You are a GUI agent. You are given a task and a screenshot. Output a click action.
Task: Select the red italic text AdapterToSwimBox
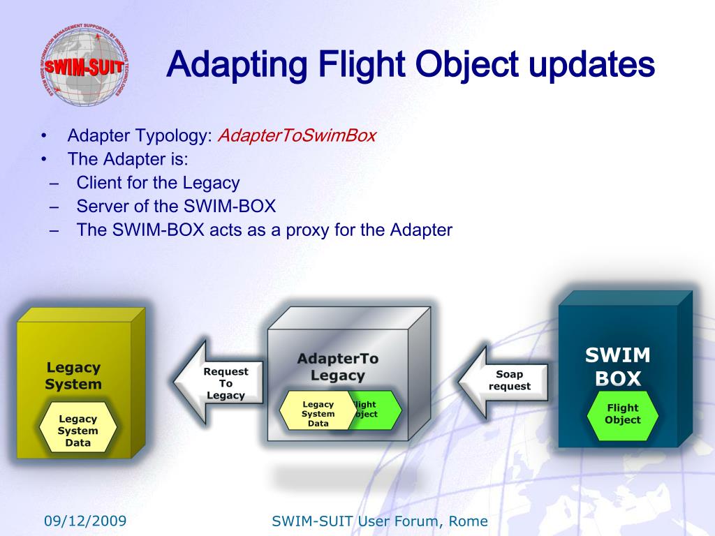[x=297, y=135]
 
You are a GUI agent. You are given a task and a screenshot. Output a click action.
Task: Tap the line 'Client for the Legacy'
[x=158, y=183]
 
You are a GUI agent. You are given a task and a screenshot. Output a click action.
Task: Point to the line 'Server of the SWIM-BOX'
[x=176, y=207]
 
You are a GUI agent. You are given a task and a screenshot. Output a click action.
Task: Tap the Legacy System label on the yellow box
[x=73, y=375]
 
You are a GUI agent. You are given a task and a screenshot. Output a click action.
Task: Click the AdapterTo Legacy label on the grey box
[x=338, y=367]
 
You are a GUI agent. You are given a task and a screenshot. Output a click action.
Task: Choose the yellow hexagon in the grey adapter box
[x=318, y=413]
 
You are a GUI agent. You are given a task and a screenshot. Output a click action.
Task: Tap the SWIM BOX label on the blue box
[x=618, y=367]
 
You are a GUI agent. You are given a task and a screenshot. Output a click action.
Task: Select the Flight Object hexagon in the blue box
[x=622, y=414]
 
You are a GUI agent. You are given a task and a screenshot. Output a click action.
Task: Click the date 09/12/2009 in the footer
[x=85, y=521]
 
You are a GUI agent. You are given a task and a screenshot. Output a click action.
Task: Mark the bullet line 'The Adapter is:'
[x=128, y=159]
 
